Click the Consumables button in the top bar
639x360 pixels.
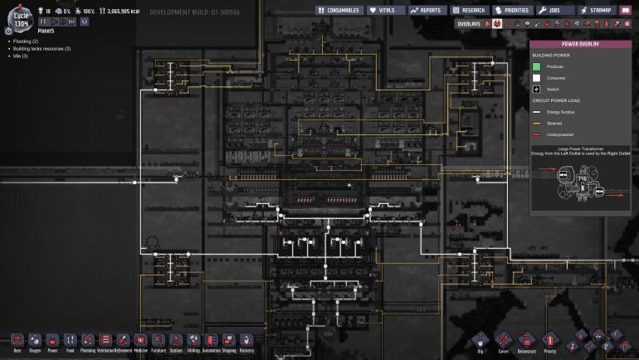339,10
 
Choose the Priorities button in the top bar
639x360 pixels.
511,10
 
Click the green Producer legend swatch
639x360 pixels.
537,66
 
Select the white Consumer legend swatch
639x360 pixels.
537,77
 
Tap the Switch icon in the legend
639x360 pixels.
537,89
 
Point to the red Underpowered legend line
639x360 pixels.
537,134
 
